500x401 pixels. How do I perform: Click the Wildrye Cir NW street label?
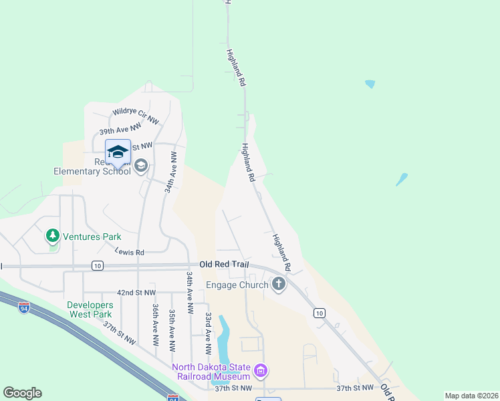tap(136, 116)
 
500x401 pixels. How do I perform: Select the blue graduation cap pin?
tap(118, 152)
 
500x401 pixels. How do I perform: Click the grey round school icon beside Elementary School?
tap(140, 165)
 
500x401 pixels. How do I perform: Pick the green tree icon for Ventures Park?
tap(53, 236)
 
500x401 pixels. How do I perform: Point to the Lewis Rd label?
tap(130, 252)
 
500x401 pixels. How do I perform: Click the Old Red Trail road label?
tap(224, 265)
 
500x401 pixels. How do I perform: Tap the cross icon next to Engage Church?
tap(279, 285)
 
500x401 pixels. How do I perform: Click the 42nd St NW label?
tap(136, 293)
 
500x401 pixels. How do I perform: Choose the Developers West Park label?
tap(90, 309)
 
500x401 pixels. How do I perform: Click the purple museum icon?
tap(261, 370)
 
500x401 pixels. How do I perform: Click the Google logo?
tap(22, 393)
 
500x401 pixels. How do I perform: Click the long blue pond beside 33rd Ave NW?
tap(223, 338)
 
